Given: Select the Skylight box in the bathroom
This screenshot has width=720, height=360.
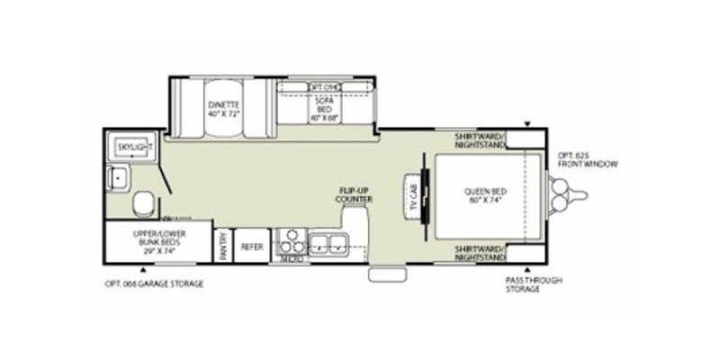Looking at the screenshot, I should tap(132, 146).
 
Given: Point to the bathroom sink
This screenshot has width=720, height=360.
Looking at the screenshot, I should tap(117, 177).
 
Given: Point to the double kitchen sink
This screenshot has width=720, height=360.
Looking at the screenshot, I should tap(328, 242).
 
